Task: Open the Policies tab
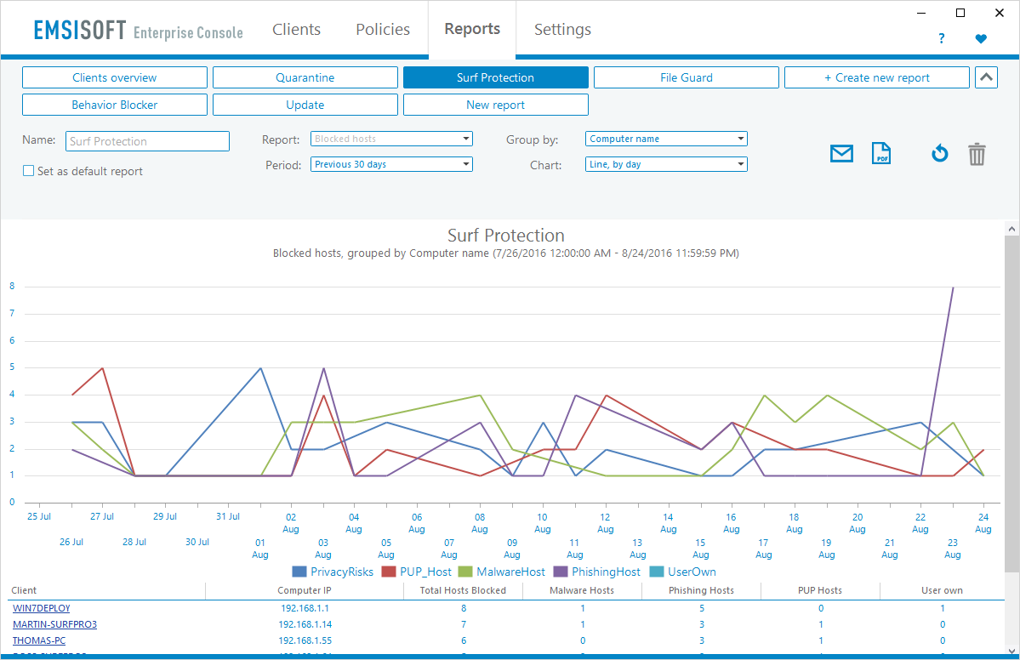[x=383, y=30]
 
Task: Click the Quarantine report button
[x=305, y=77]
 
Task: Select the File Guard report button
[x=686, y=77]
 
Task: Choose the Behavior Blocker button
[x=114, y=105]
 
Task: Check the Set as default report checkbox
[x=28, y=171]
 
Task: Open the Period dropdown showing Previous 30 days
[x=391, y=164]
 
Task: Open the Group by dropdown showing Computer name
[x=666, y=139]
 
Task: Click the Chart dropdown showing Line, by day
[x=666, y=164]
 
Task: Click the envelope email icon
[x=841, y=154]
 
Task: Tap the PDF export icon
[x=881, y=154]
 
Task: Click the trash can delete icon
[x=977, y=154]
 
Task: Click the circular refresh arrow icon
[x=939, y=154]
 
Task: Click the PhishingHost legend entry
[x=596, y=572]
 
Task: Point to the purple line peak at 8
[x=953, y=287]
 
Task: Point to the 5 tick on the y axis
[x=12, y=367]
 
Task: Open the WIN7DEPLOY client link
[x=41, y=608]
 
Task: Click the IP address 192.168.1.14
[x=304, y=624]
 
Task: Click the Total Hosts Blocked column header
[x=463, y=590]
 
